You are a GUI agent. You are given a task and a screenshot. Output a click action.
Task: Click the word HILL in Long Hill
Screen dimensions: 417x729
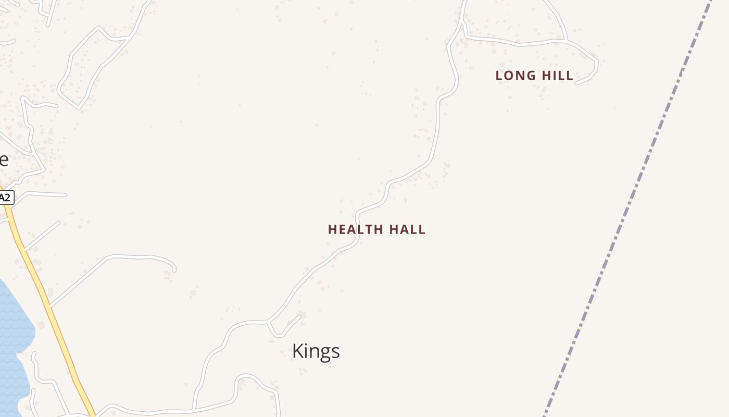[x=557, y=76]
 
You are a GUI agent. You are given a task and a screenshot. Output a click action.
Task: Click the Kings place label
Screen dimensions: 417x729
[x=316, y=351]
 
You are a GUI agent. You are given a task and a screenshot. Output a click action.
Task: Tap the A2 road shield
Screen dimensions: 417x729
[x=5, y=198]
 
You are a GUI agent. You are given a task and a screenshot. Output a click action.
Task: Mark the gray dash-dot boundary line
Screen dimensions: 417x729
[x=625, y=219]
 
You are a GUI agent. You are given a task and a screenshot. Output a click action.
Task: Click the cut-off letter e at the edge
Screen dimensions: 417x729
[x=3, y=160]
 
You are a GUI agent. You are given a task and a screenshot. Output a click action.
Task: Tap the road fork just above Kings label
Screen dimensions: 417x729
[x=268, y=322]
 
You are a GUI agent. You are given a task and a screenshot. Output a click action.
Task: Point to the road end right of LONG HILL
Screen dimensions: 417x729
[x=576, y=83]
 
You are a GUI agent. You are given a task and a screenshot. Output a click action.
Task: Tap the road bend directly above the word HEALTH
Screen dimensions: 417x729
[x=358, y=214]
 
